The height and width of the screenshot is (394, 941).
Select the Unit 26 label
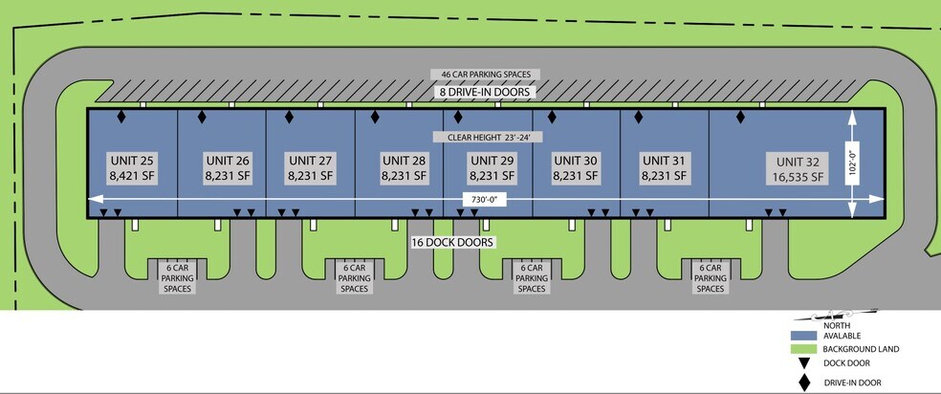pyautogui.click(x=227, y=167)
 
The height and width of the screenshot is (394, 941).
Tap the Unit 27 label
pyautogui.click(x=310, y=167)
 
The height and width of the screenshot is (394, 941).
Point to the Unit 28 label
pyautogui.click(x=404, y=167)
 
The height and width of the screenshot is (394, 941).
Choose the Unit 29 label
pyautogui.click(x=492, y=167)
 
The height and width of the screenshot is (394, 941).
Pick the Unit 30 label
pyautogui.click(x=576, y=167)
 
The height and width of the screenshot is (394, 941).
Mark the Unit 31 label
pyautogui.click(x=664, y=167)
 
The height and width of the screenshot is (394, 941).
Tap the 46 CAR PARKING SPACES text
pyautogui.click(x=486, y=74)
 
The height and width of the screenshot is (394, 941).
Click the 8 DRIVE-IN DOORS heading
pyautogui.click(x=485, y=92)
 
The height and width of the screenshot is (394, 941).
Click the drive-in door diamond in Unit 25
pyautogui.click(x=120, y=117)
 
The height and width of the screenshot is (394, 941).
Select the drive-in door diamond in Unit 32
pyautogui.click(x=740, y=117)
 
